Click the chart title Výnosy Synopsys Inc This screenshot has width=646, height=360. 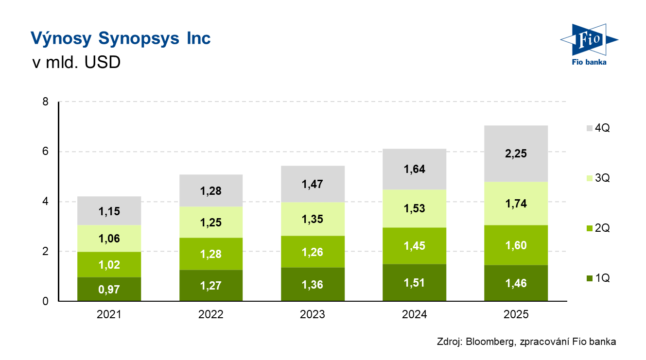[x=121, y=38]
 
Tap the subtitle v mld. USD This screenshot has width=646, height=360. [x=76, y=63]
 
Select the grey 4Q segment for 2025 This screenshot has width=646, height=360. [x=516, y=154]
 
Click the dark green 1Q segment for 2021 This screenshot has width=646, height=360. [x=109, y=289]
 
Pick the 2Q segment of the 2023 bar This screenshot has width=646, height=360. [x=313, y=252]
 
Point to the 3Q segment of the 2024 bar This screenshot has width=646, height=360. [x=414, y=208]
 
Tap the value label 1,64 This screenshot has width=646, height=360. [x=414, y=170]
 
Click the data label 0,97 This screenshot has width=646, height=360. [x=109, y=290]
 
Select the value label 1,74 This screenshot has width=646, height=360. [x=516, y=204]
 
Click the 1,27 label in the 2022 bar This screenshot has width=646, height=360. [x=210, y=286]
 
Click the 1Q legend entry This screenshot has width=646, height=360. [x=598, y=278]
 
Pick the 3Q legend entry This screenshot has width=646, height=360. [x=598, y=178]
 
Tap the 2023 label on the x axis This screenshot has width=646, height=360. [x=313, y=314]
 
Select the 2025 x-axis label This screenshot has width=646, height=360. [x=516, y=314]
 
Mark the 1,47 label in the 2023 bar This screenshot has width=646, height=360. [x=313, y=184]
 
